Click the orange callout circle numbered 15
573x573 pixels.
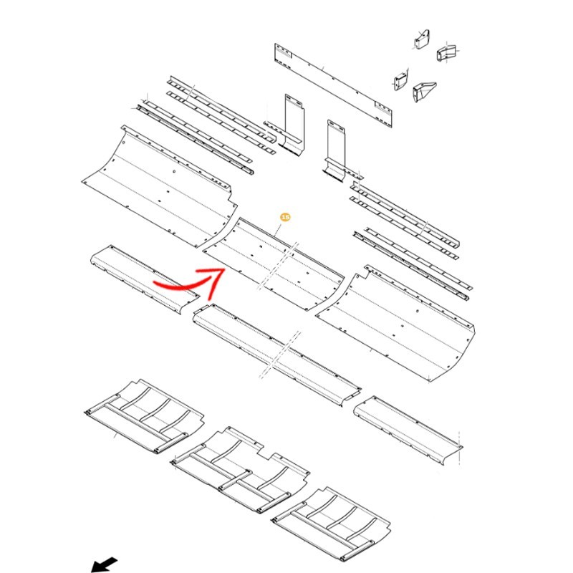tap(285, 216)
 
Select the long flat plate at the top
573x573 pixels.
tap(334, 85)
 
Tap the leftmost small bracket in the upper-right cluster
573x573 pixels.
tap(400, 81)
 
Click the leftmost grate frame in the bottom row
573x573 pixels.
tap(143, 415)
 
